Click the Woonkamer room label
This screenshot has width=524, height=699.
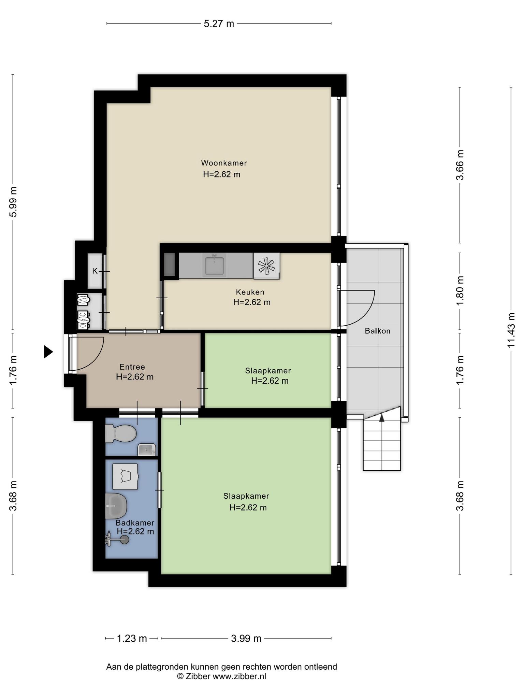click(224, 163)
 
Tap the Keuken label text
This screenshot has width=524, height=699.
click(250, 292)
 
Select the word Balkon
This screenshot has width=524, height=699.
click(377, 331)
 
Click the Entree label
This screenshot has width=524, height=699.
click(132, 367)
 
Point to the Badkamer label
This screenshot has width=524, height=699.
click(135, 523)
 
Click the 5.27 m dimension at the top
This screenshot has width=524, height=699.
click(219, 24)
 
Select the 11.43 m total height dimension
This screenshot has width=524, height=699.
click(511, 330)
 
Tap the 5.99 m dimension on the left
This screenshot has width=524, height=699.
click(13, 202)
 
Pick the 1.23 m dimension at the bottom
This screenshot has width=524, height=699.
click(132, 638)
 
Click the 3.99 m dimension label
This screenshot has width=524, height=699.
click(246, 638)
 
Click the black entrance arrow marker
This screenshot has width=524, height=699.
click(48, 352)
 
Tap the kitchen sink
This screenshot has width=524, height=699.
click(214, 265)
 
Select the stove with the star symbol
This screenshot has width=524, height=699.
click(266, 266)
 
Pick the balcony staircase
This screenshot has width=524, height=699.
click(381, 439)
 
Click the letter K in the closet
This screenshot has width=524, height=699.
click(95, 271)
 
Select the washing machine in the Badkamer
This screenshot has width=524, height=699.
click(125, 476)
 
